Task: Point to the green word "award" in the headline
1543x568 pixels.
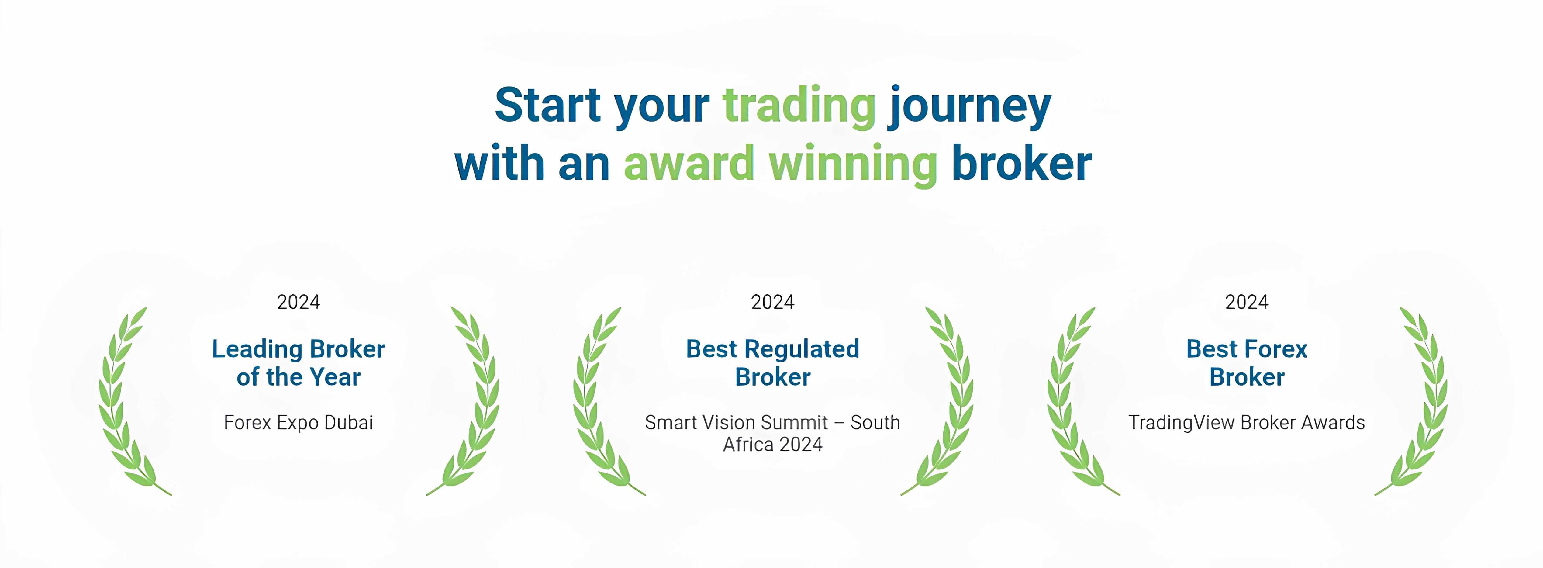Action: pos(689,163)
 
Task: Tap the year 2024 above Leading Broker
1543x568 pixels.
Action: pos(298,302)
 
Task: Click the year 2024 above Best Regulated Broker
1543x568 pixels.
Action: pos(773,302)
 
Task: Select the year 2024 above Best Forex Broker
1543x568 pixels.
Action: pos(1247,302)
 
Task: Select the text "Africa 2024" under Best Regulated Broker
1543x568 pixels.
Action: pos(773,445)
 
